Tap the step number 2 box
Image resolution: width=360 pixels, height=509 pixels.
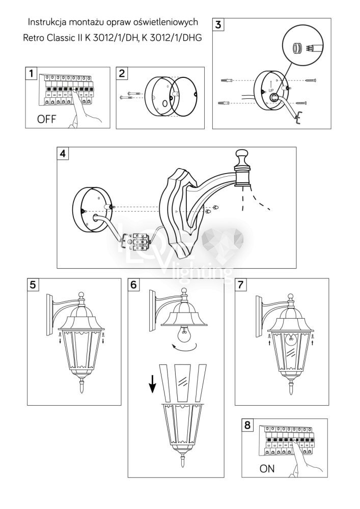pyautogui.click(x=123, y=73)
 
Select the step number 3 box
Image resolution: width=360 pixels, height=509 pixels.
pyautogui.click(x=218, y=25)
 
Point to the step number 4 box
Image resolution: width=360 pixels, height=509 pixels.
pyautogui.click(x=63, y=153)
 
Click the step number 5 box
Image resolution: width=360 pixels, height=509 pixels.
pyautogui.click(x=33, y=285)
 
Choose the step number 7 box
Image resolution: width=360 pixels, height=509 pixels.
pyautogui.click(x=241, y=285)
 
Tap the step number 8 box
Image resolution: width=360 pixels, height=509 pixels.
pyautogui.click(x=248, y=425)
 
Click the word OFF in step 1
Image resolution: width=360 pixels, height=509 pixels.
pyautogui.click(x=45, y=120)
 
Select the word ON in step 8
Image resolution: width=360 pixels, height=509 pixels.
pyautogui.click(x=267, y=469)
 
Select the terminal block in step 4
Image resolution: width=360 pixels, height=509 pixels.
pyautogui.click(x=140, y=241)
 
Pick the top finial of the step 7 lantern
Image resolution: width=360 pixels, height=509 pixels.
pyautogui.click(x=290, y=297)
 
